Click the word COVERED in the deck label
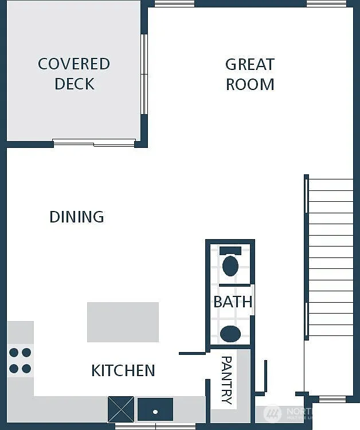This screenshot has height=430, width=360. pos(73,64)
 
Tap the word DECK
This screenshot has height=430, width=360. pos(74,84)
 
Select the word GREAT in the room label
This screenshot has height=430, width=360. pos(249,64)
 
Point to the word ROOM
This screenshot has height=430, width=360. pos(250,84)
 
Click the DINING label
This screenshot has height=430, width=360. pos(76,217)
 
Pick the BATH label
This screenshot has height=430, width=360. pos(233,302)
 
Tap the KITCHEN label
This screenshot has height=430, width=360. pos(123,370)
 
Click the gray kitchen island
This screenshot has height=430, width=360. pos(123,322)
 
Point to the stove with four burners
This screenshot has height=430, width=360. pos(19,360)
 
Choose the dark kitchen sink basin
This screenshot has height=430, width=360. pos(155,409)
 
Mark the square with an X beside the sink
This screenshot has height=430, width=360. pos(121,409)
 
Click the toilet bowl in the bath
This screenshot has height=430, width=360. pos(230,266)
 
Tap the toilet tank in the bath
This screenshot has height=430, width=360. pos(230,251)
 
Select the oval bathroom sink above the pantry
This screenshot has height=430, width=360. pos(230,334)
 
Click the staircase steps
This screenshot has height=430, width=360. pos(330,258)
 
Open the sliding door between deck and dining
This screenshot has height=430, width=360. pos(95,142)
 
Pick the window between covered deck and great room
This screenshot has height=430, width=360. pos(144,75)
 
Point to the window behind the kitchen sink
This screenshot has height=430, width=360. pos(155,426)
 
